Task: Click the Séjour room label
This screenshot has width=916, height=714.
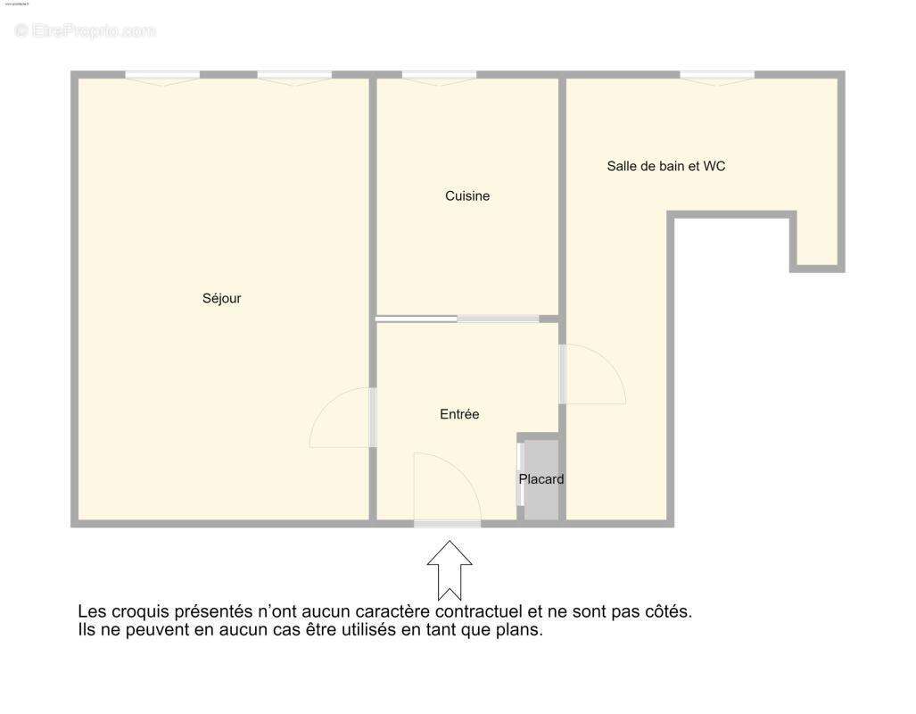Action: (x=221, y=299)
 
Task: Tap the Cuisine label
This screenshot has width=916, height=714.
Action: (x=467, y=196)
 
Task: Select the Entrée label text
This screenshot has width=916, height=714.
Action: (x=459, y=414)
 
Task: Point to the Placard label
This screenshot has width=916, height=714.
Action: (x=541, y=479)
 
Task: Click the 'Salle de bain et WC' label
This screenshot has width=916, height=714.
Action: (x=665, y=166)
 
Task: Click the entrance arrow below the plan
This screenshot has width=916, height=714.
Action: (x=450, y=570)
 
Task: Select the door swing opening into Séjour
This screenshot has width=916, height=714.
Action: (x=342, y=419)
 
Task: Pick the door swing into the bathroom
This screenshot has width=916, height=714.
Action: (x=592, y=375)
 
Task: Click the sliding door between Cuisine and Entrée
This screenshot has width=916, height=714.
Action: (x=458, y=319)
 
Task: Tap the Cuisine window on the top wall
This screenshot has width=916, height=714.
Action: (x=439, y=77)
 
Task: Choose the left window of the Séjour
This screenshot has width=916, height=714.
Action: (x=162, y=77)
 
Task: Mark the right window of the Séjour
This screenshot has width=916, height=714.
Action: (x=294, y=77)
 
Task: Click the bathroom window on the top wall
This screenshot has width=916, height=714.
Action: (x=717, y=77)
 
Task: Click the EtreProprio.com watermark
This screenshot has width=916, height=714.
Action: (x=86, y=31)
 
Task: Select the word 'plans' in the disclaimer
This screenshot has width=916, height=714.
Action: (x=519, y=630)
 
